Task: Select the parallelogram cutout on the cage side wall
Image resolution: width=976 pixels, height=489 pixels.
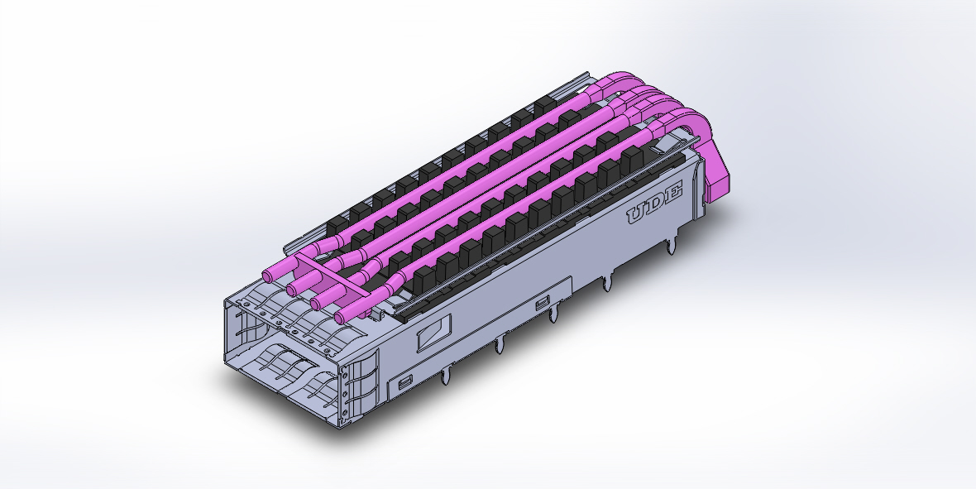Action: click(433, 333)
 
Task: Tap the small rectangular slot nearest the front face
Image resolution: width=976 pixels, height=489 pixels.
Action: click(406, 382)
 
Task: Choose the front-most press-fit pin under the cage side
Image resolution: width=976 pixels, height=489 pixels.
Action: click(447, 376)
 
